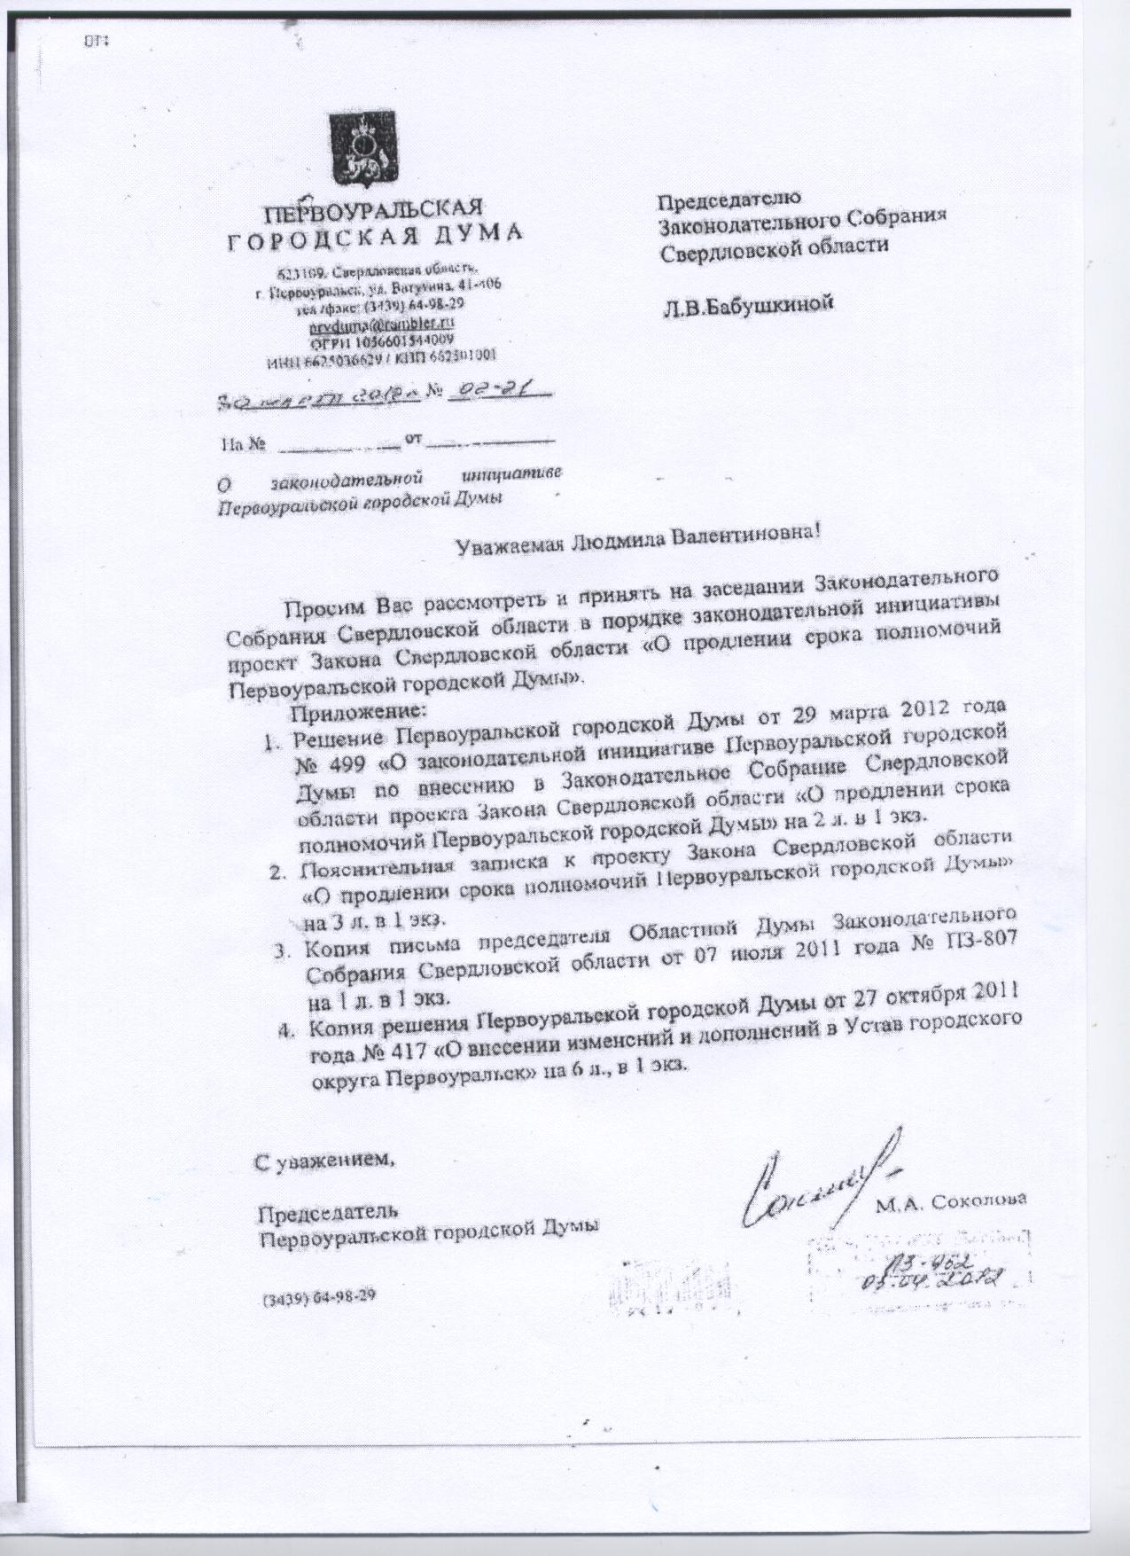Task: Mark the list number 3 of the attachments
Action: point(283,954)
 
